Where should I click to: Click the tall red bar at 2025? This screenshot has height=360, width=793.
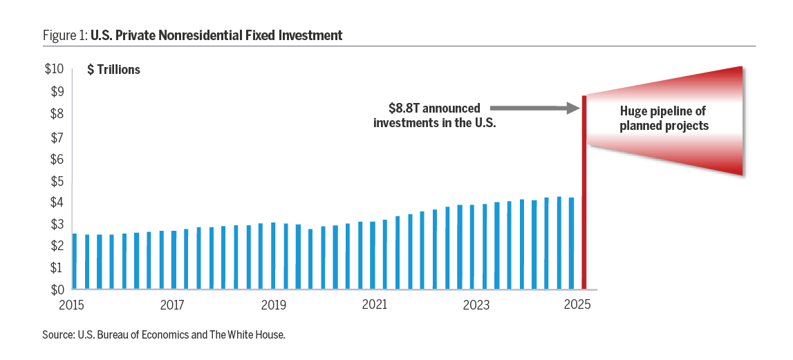pyautogui.click(x=585, y=193)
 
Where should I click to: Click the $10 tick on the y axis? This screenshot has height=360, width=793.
pyautogui.click(x=54, y=70)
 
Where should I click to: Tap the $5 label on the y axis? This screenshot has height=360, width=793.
pyautogui.click(x=57, y=181)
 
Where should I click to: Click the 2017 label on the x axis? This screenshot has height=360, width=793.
pyautogui.click(x=172, y=305)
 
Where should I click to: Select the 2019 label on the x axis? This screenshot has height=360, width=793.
pyautogui.click(x=274, y=305)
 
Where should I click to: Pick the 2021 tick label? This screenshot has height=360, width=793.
pyautogui.click(x=375, y=305)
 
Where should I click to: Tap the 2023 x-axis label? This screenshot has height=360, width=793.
pyautogui.click(x=476, y=305)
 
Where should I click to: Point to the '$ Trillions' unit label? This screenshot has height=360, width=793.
pyautogui.click(x=113, y=70)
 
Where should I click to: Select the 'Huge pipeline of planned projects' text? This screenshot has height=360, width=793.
pyautogui.click(x=664, y=118)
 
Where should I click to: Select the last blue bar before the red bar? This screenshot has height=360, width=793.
pyautogui.click(x=571, y=243)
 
